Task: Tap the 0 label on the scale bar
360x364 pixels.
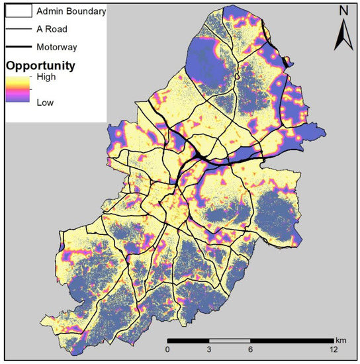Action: tap(168, 349)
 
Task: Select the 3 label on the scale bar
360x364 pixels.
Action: tap(210, 349)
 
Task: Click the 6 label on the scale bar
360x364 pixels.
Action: tap(251, 349)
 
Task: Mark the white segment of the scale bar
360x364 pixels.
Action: tap(230, 342)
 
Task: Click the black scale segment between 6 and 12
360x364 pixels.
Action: tap(292, 342)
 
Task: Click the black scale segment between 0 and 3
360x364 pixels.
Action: tap(189, 342)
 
